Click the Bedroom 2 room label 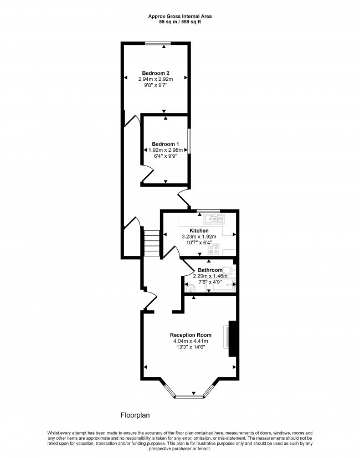[156, 73]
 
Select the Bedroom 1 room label [166, 144]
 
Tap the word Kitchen [199, 230]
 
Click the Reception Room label [191, 335]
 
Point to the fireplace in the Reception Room [232, 338]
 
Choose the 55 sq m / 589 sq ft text [179, 23]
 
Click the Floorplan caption [135, 415]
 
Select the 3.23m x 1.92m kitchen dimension [199, 236]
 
